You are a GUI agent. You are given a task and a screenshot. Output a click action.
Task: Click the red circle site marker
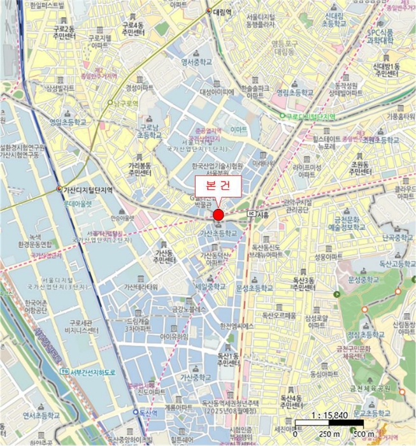(218, 213)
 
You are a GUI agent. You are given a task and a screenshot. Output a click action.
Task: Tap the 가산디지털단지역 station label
(89, 190)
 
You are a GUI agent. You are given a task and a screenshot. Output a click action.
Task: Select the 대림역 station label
(224, 11)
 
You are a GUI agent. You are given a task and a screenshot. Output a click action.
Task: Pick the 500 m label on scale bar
(365, 435)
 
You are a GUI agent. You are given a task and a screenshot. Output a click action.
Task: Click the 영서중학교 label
(196, 62)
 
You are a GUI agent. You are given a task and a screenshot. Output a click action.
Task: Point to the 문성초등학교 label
(254, 288)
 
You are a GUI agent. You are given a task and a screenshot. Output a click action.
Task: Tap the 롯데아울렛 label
(77, 204)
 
